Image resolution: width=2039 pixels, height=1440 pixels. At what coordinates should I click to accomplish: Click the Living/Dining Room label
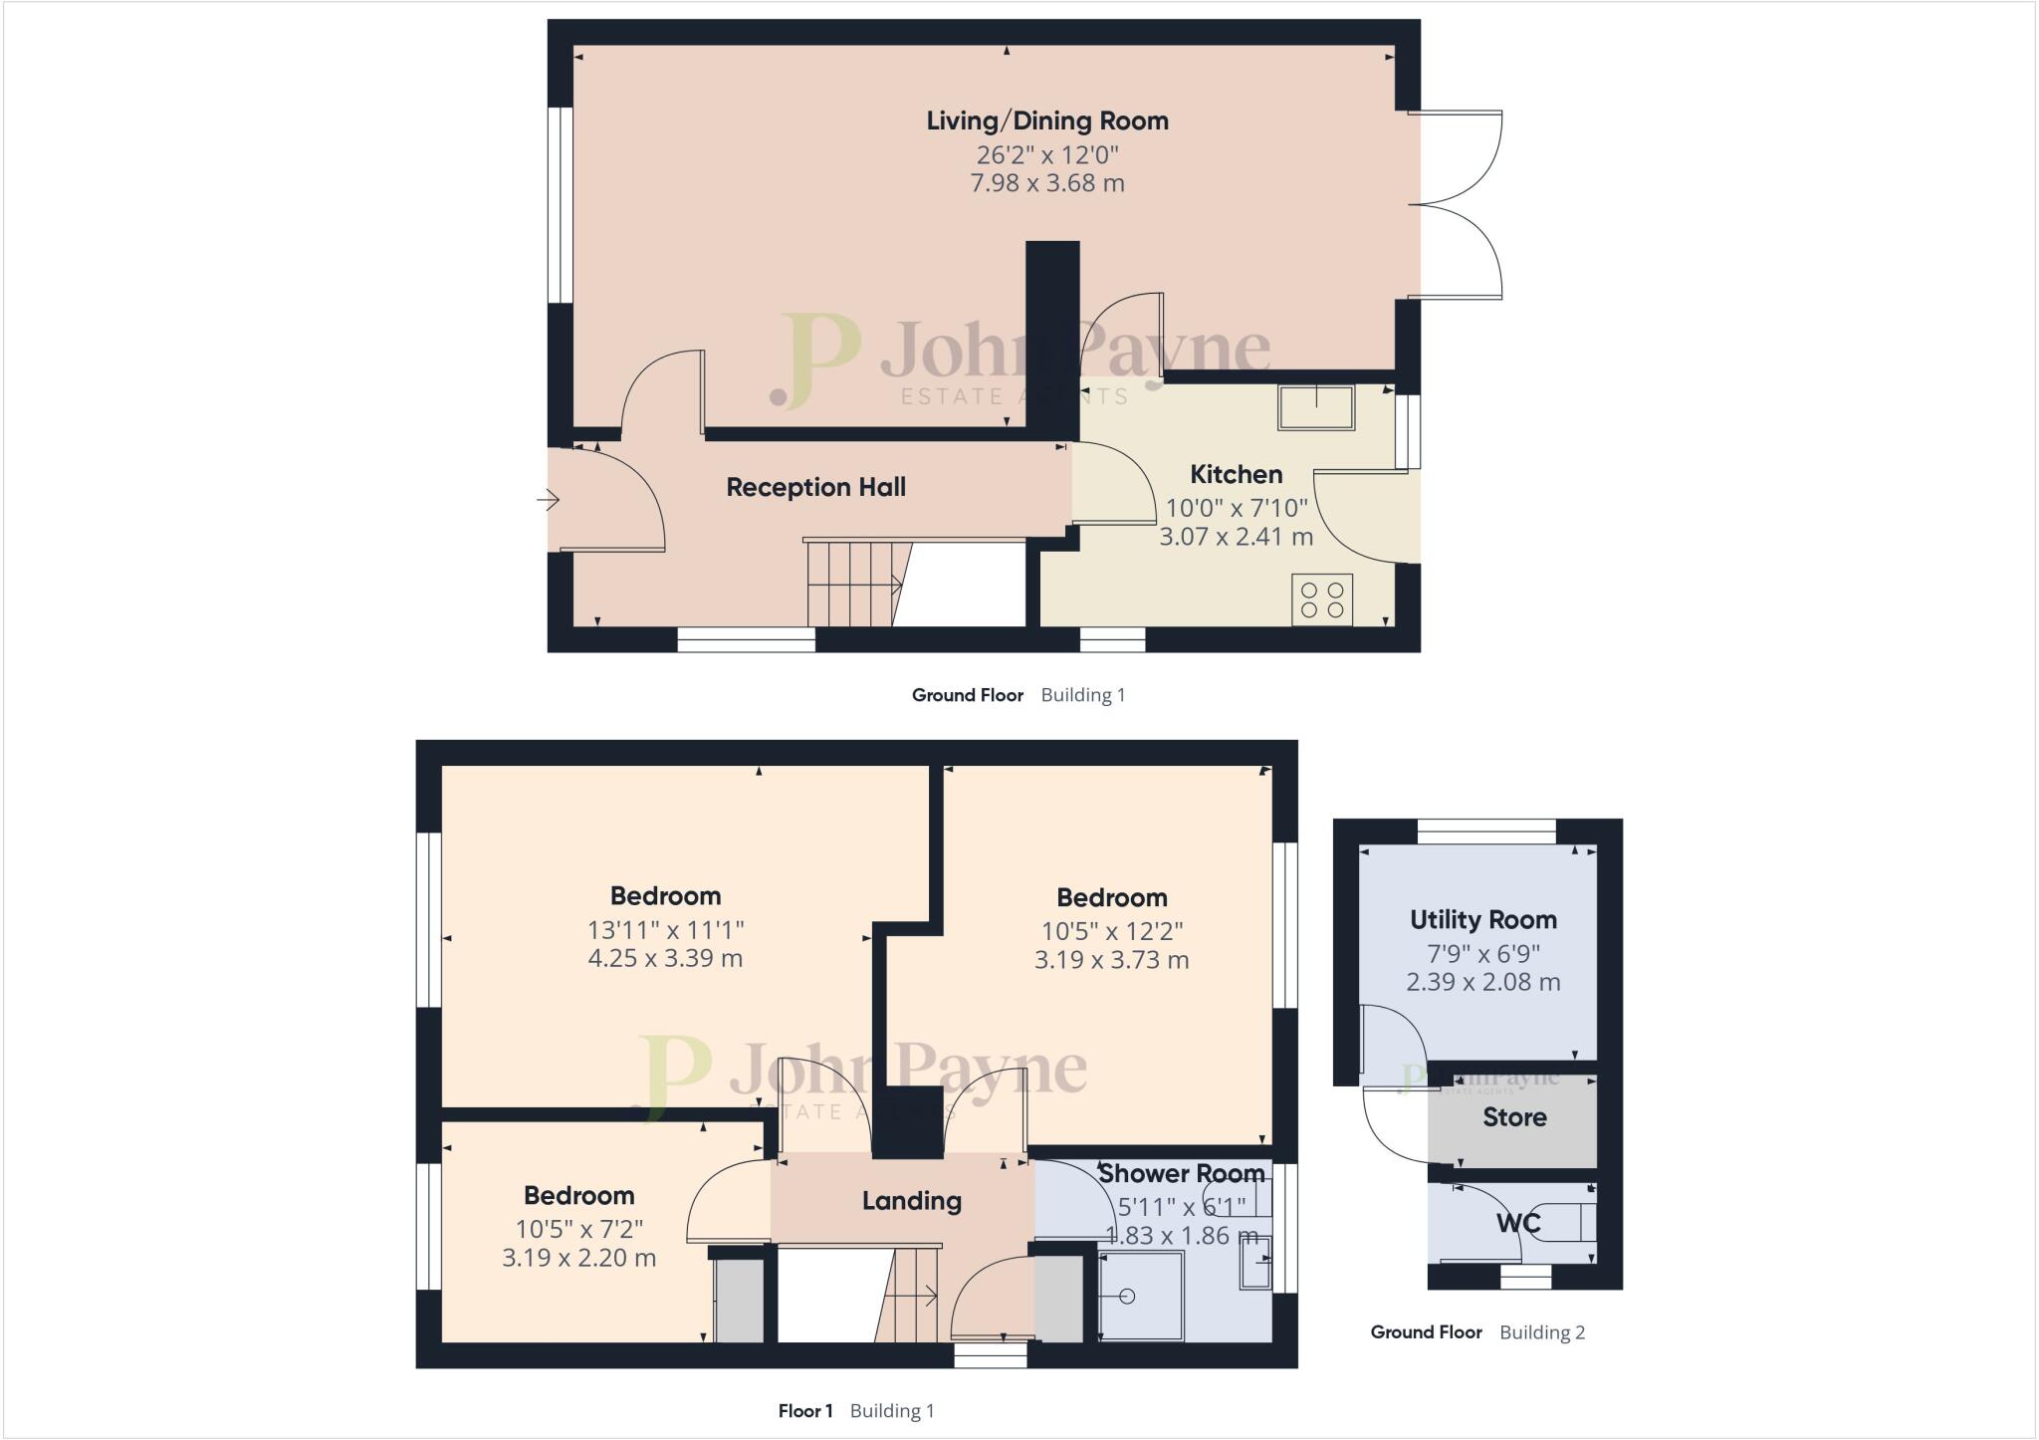pyautogui.click(x=1047, y=121)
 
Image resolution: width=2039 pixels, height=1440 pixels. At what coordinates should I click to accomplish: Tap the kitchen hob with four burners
pyautogui.click(x=1322, y=600)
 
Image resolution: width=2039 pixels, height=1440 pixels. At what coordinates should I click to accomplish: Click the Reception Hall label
pyautogui.click(x=815, y=487)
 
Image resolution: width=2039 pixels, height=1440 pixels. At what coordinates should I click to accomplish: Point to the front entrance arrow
pyautogui.click(x=549, y=499)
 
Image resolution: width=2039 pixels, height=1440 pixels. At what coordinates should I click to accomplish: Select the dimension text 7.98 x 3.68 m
pyautogui.click(x=1047, y=183)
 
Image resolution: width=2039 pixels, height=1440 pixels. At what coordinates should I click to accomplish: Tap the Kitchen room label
pyautogui.click(x=1236, y=474)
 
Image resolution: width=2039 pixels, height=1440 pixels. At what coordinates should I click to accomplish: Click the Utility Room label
pyautogui.click(x=1482, y=919)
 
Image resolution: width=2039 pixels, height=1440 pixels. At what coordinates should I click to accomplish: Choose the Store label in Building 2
pyautogui.click(x=1514, y=1117)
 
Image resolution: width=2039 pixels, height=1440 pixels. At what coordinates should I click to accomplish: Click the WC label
pyautogui.click(x=1517, y=1222)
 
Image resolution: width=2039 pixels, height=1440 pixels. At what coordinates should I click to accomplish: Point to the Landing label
pyautogui.click(x=911, y=1201)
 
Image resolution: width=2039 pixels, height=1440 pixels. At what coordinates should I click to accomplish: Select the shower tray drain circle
pyautogui.click(x=1127, y=1296)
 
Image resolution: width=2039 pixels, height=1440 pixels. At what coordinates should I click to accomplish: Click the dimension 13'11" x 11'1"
pyautogui.click(x=665, y=930)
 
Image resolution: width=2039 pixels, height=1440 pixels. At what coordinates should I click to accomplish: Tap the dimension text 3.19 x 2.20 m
pyautogui.click(x=578, y=1258)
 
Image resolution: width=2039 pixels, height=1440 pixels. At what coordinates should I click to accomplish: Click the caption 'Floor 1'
pyautogui.click(x=804, y=1411)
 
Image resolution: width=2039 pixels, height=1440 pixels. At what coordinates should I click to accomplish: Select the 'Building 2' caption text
pyautogui.click(x=1542, y=1332)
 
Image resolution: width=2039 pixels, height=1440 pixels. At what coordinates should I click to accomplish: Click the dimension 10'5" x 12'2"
pyautogui.click(x=1111, y=932)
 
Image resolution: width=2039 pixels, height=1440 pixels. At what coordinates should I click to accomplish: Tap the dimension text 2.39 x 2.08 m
pyautogui.click(x=1482, y=982)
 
